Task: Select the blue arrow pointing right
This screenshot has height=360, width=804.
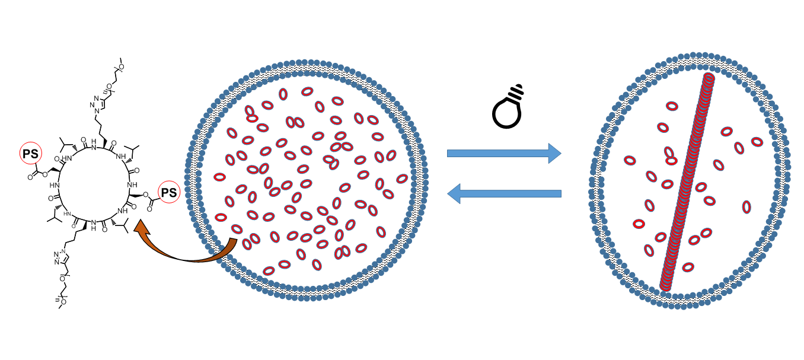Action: [503, 154]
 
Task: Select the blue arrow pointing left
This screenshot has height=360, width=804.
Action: [503, 193]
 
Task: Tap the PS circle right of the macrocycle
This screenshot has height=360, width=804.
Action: [169, 193]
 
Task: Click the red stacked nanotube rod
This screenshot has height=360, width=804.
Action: [687, 181]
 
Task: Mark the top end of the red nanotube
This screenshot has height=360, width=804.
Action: [707, 79]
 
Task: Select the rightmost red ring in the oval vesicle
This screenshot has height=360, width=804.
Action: [757, 141]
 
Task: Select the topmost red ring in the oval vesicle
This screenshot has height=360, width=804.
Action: [671, 106]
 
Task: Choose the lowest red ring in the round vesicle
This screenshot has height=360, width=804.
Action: [269, 270]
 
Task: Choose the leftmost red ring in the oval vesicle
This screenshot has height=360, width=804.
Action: [628, 160]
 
